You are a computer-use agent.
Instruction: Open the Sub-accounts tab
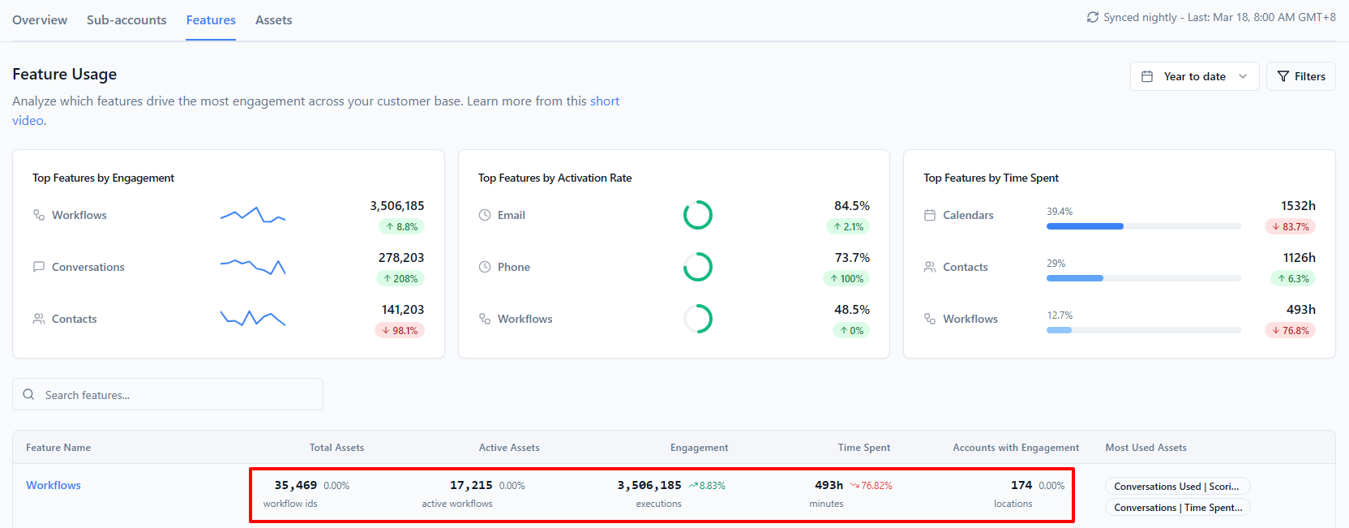tap(126, 20)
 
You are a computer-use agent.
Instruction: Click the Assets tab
tap(273, 20)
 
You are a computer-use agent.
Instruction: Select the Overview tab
tap(40, 20)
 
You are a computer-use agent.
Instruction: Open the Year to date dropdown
tap(1194, 76)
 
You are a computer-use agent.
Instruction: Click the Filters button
tap(1301, 76)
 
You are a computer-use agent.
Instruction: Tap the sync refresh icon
tap(1093, 18)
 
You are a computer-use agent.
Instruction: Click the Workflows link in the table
tap(53, 485)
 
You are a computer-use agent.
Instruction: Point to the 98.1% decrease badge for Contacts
tap(400, 330)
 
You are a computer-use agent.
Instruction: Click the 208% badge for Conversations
tap(400, 278)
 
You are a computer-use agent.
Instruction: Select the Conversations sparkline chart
tap(253, 266)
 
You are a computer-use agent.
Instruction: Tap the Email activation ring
tap(698, 200)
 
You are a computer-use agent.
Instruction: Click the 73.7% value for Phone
tap(851, 258)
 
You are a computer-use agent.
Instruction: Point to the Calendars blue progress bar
tap(1085, 226)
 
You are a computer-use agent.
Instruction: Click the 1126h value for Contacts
tap(1299, 258)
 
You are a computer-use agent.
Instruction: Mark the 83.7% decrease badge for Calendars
tap(1290, 226)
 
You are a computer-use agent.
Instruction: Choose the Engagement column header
tap(699, 448)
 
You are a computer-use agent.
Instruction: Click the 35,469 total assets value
tap(295, 485)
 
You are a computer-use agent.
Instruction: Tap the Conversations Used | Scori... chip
tap(1177, 487)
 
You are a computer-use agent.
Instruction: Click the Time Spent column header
tap(863, 448)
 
